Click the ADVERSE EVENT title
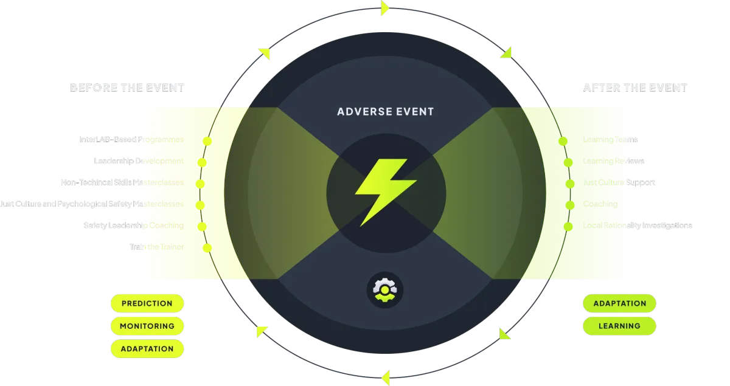point(386,112)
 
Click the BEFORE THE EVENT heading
point(127,88)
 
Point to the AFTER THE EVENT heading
point(635,88)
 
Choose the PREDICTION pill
point(147,303)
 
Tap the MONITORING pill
point(147,326)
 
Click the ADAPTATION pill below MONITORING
point(147,349)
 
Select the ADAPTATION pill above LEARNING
point(619,303)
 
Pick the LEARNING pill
point(619,326)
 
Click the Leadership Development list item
point(138,161)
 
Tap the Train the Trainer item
point(156,247)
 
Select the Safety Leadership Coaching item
point(133,226)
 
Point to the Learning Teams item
point(610,140)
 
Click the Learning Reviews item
point(613,161)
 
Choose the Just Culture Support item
point(619,182)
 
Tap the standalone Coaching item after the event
point(600,204)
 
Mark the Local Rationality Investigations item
point(637,226)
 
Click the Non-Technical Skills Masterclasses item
point(122,182)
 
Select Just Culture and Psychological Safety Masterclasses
point(91,204)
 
